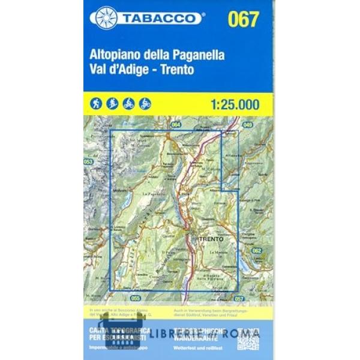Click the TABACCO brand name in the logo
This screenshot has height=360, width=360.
coord(161,19)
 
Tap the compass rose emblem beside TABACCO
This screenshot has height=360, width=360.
coord(106,18)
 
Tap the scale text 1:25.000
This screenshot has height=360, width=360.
coord(235,103)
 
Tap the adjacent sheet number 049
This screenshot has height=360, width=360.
coord(248,125)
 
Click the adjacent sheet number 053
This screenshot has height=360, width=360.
coord(88,162)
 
